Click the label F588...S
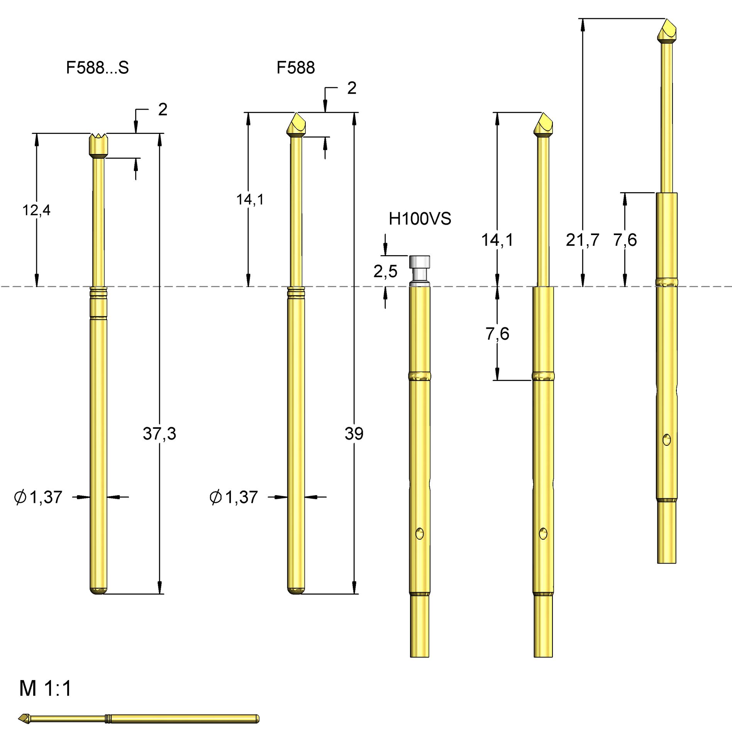(97, 68)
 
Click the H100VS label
(420, 219)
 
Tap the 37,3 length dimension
(159, 433)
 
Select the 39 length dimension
(354, 433)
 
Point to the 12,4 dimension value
(36, 210)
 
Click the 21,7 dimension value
(582, 240)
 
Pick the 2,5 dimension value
(385, 271)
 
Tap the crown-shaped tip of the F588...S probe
(99, 144)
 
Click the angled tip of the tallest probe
(667, 30)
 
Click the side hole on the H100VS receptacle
(419, 533)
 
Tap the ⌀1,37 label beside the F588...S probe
(38, 497)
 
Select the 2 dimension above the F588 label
(351, 88)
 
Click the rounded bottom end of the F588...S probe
(98, 591)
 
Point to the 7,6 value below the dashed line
(497, 334)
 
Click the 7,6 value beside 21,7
(625, 240)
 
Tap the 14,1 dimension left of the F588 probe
(250, 200)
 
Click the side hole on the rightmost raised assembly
(667, 440)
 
